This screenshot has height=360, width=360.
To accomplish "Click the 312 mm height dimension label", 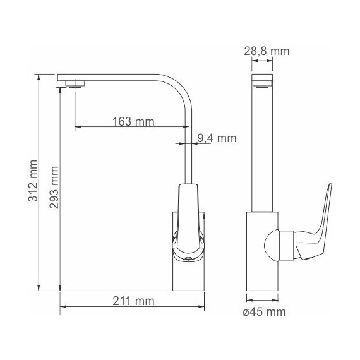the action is click(x=33, y=181).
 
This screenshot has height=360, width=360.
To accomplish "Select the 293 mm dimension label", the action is click(x=54, y=188).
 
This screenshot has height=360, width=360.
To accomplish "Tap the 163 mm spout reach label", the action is click(x=133, y=121).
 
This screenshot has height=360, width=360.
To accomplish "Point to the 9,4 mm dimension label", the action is click(x=217, y=138).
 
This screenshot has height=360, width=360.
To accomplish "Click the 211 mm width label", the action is click(x=133, y=301).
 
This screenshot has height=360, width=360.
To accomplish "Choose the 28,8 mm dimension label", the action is click(x=267, y=51).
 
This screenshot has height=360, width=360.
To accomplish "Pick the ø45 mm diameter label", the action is click(x=264, y=312).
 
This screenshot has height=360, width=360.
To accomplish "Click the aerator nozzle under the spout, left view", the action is click(x=75, y=84).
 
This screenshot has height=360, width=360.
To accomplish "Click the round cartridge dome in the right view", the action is click(x=271, y=246).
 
